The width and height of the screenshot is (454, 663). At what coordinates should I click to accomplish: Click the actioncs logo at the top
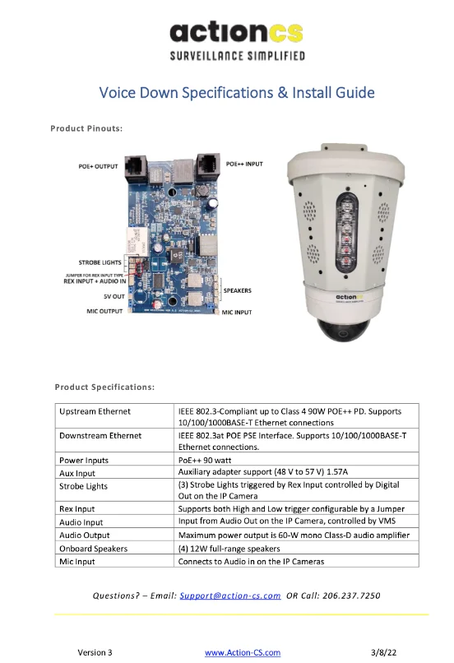pyautogui.click(x=237, y=40)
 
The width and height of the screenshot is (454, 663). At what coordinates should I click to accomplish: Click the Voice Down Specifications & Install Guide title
pyautogui.click(x=237, y=93)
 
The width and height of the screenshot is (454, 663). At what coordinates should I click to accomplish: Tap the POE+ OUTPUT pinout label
pyautogui.click(x=98, y=167)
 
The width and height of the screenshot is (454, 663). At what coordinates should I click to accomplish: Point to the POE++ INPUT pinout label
pyautogui.click(x=244, y=164)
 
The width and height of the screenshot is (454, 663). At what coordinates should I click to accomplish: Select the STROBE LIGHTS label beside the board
pyautogui.click(x=100, y=262)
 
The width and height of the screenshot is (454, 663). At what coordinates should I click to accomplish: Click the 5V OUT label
pyautogui.click(x=114, y=296)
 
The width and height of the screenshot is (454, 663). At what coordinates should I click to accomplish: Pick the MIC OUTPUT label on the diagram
pyautogui.click(x=104, y=311)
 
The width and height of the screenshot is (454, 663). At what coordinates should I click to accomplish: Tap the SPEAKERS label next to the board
pyautogui.click(x=237, y=291)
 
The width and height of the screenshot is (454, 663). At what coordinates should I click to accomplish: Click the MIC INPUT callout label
pyautogui.click(x=237, y=313)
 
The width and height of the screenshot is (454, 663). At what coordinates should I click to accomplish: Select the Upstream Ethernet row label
pyautogui.click(x=95, y=411)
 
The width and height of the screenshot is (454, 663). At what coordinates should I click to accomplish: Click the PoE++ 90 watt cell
pyautogui.click(x=205, y=460)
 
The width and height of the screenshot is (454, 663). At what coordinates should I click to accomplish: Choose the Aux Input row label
pyautogui.click(x=77, y=473)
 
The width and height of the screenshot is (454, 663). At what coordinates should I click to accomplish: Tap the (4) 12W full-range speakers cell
pyautogui.click(x=229, y=549)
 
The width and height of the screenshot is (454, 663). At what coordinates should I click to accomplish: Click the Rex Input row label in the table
pyautogui.click(x=77, y=509)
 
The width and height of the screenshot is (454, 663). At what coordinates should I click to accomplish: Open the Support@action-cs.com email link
pyautogui.click(x=230, y=596)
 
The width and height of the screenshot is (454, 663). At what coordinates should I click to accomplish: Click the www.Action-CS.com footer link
pyautogui.click(x=243, y=653)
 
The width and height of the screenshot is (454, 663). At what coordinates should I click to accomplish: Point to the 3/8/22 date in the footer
pyautogui.click(x=384, y=653)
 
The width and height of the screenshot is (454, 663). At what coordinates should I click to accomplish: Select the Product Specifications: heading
pyautogui.click(x=104, y=387)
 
